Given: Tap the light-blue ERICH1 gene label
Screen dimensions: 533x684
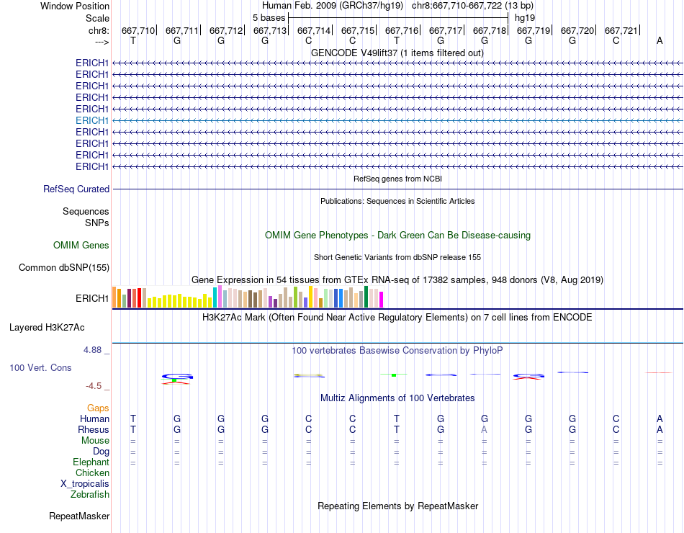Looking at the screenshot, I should coord(92,120).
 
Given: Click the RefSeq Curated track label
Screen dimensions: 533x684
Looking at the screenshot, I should coord(76,189).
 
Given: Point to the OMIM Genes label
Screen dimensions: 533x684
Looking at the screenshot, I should coord(81,246).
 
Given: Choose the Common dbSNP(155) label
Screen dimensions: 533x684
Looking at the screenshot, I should coord(63,268).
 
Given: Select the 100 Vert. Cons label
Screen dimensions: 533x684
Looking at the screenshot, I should coord(40,368).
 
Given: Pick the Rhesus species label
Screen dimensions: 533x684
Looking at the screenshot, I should coord(94,430).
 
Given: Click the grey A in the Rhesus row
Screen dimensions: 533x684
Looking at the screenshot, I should coord(485,430).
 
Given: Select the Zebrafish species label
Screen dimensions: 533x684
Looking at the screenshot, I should coord(90,495).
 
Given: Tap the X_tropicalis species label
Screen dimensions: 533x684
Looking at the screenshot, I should coord(85,484).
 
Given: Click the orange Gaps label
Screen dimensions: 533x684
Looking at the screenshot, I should coord(98,408).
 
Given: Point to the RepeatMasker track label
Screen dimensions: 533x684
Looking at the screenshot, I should coord(79,516).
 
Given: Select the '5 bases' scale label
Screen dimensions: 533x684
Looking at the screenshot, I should coord(269,17).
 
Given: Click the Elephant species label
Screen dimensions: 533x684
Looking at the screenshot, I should coord(91,462).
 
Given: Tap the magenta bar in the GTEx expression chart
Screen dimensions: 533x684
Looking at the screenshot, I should coord(381,299).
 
